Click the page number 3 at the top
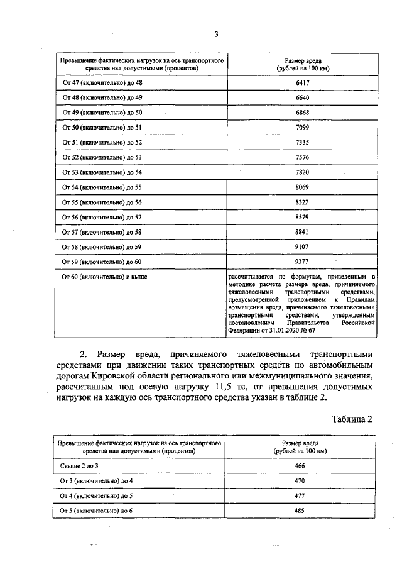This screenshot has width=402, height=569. pyautogui.click(x=216, y=35)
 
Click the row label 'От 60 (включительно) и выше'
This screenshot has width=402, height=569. pyautogui.click(x=104, y=276)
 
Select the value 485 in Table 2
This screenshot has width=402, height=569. pyautogui.click(x=299, y=511)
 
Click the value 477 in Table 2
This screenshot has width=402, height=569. pyautogui.click(x=299, y=495)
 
